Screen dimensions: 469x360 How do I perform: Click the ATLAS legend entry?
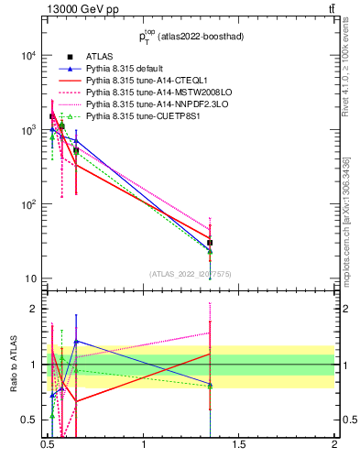click(99, 57)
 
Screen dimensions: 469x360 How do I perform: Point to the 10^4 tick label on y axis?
click(26, 56)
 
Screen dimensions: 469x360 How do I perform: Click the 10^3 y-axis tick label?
click(26, 131)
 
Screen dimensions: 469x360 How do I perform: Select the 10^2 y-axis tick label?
click(26, 205)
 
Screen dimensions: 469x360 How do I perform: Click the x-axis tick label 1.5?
click(239, 446)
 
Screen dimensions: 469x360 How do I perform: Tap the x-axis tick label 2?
click(334, 446)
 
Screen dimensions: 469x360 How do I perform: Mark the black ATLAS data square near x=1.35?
click(210, 244)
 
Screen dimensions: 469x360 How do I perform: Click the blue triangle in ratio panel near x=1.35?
click(210, 383)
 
